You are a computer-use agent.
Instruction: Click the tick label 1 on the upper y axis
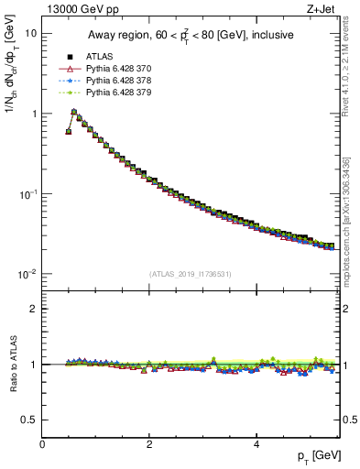coord(33,114)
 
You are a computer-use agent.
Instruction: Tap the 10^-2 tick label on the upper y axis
coord(27,275)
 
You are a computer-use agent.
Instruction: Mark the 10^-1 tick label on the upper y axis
coord(27,194)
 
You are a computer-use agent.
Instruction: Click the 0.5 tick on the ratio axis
coord(29,420)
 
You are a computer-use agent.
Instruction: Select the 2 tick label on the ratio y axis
coord(34,309)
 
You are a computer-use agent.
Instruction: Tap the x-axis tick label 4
coord(256,444)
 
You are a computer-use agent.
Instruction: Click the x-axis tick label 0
coord(42,444)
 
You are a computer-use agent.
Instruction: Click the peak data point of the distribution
coord(74,112)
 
